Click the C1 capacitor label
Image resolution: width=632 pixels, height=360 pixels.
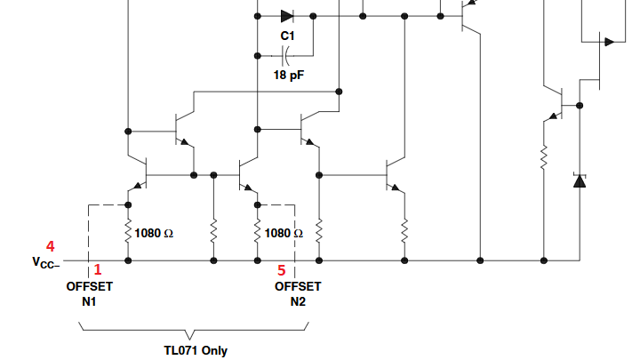[287, 36]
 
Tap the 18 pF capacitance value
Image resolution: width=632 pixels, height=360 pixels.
[288, 76]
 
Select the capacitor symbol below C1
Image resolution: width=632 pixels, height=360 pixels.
[286, 56]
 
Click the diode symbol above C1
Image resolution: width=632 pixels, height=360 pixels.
[286, 15]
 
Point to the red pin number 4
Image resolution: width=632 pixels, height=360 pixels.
[51, 246]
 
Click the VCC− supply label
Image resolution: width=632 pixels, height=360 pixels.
[44, 262]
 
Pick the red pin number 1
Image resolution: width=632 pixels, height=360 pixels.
[98, 269]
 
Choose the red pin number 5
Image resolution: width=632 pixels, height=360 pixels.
[282, 269]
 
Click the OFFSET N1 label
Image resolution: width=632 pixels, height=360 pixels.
[89, 294]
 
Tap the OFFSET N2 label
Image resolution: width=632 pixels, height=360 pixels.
[298, 294]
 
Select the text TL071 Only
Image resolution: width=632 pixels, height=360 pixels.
[195, 350]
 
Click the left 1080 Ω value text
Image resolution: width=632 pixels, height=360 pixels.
[153, 233]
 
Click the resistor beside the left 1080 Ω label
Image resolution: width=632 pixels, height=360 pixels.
[129, 233]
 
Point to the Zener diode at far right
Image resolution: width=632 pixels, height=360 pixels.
[580, 180]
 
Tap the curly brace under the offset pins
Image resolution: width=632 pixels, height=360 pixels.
[195, 329]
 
